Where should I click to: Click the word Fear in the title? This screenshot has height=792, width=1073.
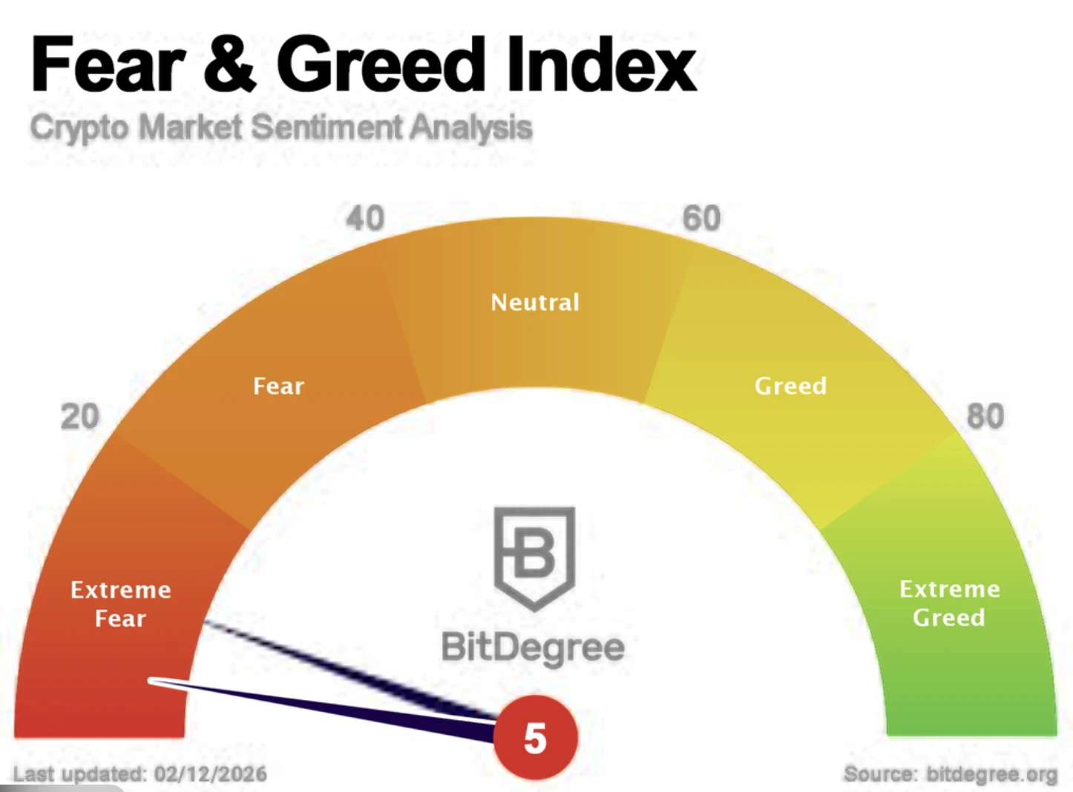[108, 65]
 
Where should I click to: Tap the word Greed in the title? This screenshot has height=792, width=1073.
[381, 65]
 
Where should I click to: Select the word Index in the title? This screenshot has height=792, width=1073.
[600, 65]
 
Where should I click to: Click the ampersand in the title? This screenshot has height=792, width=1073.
[229, 65]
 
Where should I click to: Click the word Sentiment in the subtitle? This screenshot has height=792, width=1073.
[327, 128]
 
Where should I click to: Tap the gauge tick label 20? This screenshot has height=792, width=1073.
[80, 417]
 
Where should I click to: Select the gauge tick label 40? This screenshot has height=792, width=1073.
[365, 219]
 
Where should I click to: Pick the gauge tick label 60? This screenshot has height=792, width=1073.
[701, 219]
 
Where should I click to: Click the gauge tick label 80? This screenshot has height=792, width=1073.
[985, 417]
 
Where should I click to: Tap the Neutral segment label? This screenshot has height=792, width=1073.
[535, 303]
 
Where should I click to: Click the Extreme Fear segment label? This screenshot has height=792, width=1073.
[121, 604]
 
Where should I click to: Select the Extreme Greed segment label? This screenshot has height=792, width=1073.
[950, 603]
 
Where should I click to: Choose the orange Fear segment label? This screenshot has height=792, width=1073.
[279, 386]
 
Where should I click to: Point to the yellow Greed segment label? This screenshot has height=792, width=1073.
[790, 386]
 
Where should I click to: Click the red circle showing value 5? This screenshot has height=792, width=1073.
[535, 738]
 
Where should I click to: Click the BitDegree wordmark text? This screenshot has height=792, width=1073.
[533, 647]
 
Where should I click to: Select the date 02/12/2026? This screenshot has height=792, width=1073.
[211, 774]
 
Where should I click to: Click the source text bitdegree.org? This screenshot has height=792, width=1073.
[992, 774]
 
